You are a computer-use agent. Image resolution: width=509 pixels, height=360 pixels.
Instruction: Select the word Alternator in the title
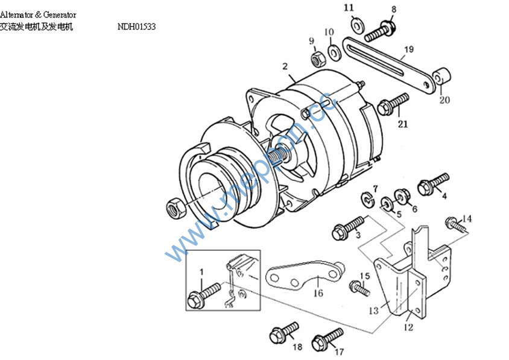(x=17, y=14)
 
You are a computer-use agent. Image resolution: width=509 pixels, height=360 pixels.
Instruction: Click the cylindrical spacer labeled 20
(x=444, y=77)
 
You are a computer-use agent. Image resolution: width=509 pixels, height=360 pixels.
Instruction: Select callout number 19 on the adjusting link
(x=408, y=49)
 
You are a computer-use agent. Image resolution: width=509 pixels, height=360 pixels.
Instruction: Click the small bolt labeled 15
(x=361, y=289)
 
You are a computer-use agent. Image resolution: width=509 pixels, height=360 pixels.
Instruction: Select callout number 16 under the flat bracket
(x=318, y=294)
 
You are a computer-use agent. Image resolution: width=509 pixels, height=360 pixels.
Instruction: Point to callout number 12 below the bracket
(x=408, y=327)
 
